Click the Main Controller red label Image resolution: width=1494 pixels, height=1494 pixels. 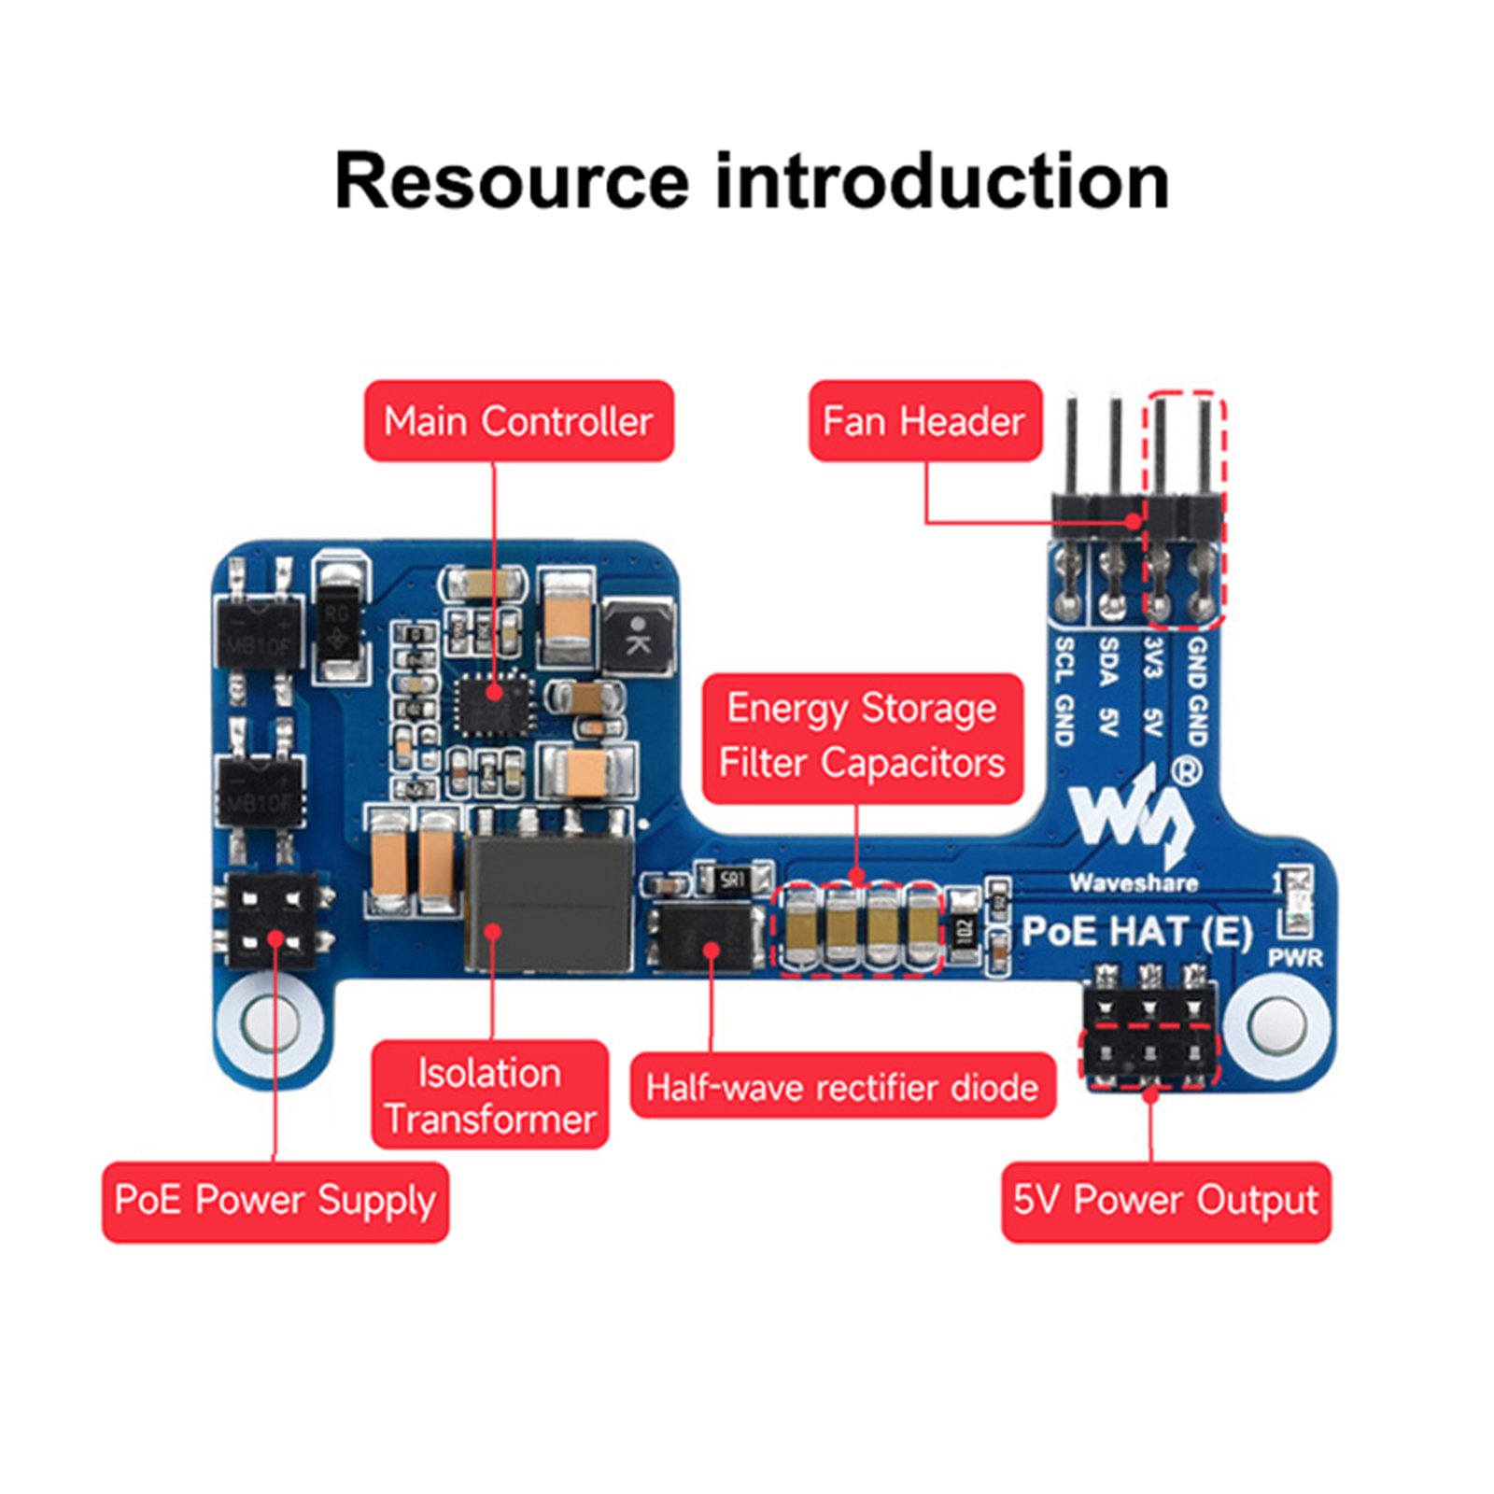[x=518, y=421]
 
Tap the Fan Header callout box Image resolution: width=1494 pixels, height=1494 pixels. [x=924, y=421]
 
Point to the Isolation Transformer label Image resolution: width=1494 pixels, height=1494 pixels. [x=489, y=1095]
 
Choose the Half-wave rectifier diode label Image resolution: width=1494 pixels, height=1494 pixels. [x=842, y=1087]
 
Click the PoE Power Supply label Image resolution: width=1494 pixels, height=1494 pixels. [x=275, y=1201]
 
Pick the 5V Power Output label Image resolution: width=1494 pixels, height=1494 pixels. [x=1165, y=1201]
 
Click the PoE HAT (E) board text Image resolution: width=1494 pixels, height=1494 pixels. [x=1136, y=932]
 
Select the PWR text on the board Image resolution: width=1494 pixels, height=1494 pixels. [x=1295, y=958]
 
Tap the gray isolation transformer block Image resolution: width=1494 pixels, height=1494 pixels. [x=548, y=904]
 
